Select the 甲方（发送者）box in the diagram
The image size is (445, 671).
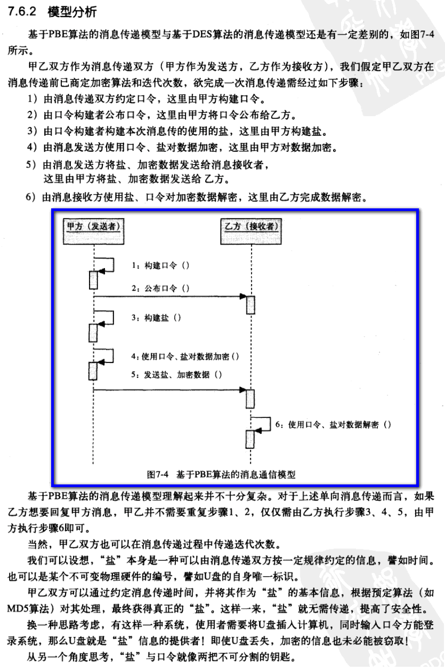[93, 226]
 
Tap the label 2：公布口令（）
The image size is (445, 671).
[160, 288]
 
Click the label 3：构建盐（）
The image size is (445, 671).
[156, 318]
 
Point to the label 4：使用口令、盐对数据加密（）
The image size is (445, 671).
[184, 355]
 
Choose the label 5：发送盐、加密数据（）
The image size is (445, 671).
[176, 374]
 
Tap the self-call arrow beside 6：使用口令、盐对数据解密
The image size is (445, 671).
[261, 422]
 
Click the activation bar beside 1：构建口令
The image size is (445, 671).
[93, 280]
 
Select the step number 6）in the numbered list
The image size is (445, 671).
[32, 198]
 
